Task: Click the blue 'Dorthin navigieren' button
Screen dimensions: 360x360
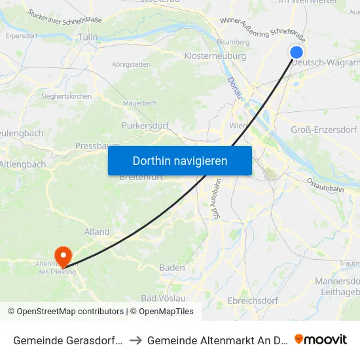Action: click(x=180, y=160)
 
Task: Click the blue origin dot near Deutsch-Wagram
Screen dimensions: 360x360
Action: click(x=296, y=52)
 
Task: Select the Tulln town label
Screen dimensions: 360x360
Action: click(x=88, y=37)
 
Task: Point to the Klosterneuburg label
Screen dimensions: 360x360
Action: click(x=215, y=56)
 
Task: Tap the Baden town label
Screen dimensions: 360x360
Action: click(x=172, y=268)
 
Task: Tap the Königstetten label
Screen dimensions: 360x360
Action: click(x=132, y=64)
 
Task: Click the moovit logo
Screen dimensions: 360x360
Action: click(x=321, y=339)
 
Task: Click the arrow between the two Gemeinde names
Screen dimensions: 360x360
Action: click(x=134, y=340)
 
